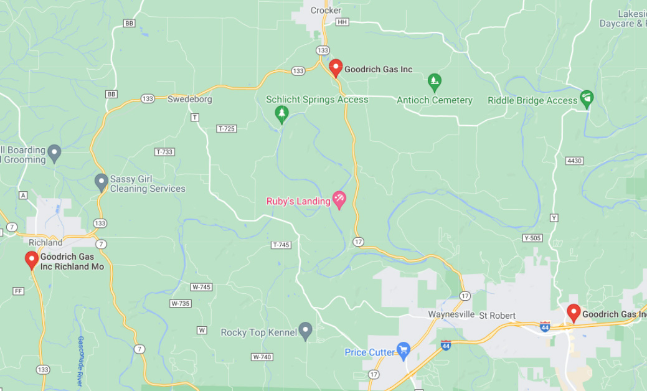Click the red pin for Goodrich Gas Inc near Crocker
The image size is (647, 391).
pos(336,67)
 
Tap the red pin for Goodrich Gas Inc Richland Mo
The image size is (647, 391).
pos(31,260)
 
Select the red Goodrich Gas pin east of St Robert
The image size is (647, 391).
pos(574,313)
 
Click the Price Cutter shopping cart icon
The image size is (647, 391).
pos(403,351)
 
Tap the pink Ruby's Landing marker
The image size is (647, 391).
pos(339,200)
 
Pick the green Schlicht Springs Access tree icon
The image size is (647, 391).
pos(282,113)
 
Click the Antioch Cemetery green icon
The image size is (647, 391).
pos(435,80)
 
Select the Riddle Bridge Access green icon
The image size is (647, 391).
pos(586,98)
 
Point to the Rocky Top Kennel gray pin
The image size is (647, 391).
pos(305,331)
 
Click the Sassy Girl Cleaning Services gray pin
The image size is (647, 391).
pos(101,182)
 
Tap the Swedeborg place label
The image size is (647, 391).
pos(190,99)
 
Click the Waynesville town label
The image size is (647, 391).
pos(451,315)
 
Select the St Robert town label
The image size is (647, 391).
pos(497,315)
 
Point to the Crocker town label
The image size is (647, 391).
pos(326,11)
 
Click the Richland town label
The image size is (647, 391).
pos(46,242)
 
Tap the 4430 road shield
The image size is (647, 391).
pos(574,161)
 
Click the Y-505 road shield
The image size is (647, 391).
pos(532,238)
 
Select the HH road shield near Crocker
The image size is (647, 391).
pos(341,22)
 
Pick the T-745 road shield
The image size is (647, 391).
pos(281,245)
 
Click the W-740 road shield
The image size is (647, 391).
pos(262,357)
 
